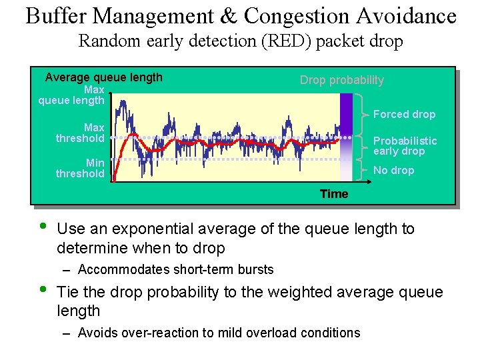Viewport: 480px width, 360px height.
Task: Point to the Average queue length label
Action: coord(103,77)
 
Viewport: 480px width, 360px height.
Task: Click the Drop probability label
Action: coord(341,80)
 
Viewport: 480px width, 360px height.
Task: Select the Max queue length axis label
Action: coord(72,95)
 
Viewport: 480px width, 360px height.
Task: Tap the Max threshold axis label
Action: coord(81,133)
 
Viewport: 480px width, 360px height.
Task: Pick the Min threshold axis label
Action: coord(81,168)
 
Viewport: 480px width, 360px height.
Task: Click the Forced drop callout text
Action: coord(404,114)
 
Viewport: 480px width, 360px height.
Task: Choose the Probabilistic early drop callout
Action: coord(405,145)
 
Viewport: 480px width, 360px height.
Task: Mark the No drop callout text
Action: coord(393,170)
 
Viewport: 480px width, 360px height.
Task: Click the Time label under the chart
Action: coord(333,194)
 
